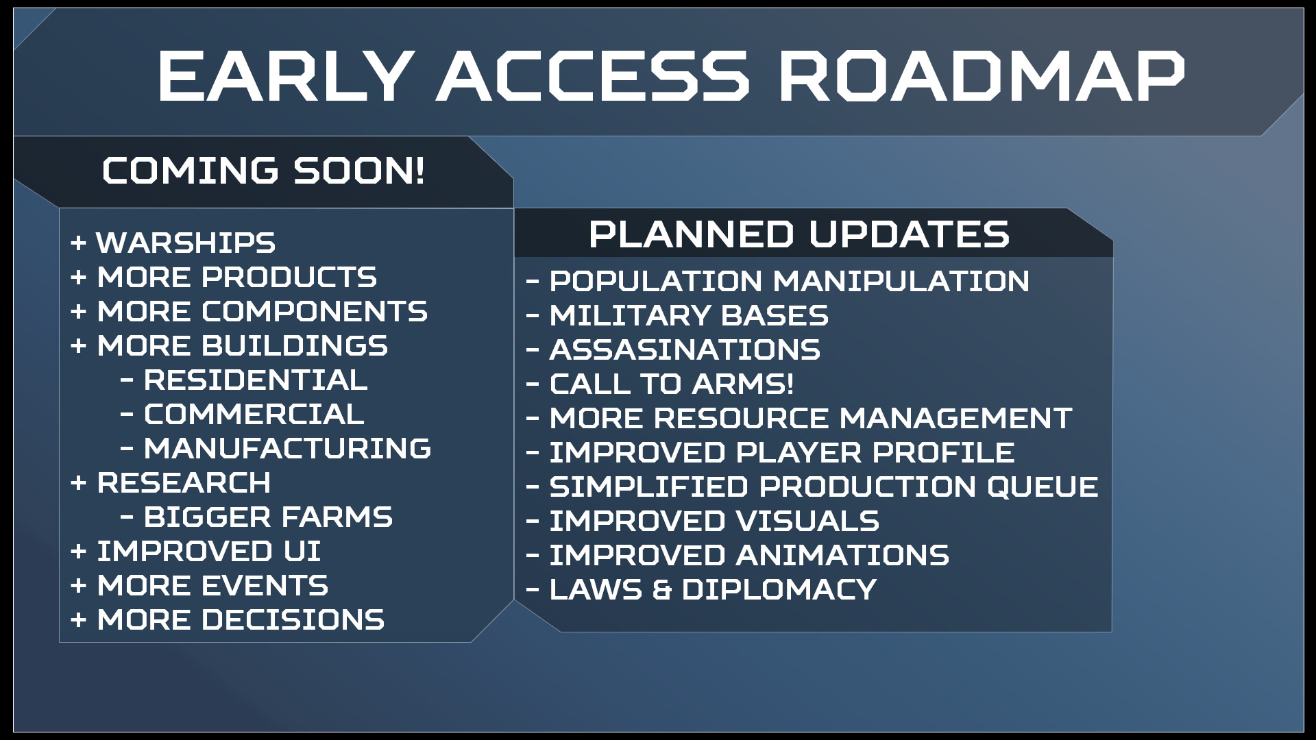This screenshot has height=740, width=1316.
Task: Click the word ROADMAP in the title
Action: (x=981, y=76)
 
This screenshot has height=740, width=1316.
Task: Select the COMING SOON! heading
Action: (x=264, y=171)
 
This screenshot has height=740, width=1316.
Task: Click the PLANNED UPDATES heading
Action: (x=799, y=234)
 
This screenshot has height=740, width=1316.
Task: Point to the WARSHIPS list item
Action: (x=186, y=243)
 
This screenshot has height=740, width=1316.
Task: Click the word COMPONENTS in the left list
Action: (x=314, y=312)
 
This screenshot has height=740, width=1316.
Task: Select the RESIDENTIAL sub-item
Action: (x=256, y=380)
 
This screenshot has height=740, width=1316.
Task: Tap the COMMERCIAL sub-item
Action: (x=254, y=415)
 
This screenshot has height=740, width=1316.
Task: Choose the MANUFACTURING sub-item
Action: (x=287, y=449)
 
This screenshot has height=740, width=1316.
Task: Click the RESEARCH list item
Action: (x=184, y=483)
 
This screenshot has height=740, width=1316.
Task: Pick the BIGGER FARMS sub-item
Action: (x=268, y=517)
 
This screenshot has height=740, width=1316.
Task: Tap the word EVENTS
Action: (x=265, y=586)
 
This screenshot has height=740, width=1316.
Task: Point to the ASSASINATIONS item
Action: (x=685, y=349)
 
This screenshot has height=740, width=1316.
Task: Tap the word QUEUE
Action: (x=1043, y=486)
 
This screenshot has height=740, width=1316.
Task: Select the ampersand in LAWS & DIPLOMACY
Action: (x=662, y=589)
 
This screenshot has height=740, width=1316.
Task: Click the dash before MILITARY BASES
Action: (x=533, y=316)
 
